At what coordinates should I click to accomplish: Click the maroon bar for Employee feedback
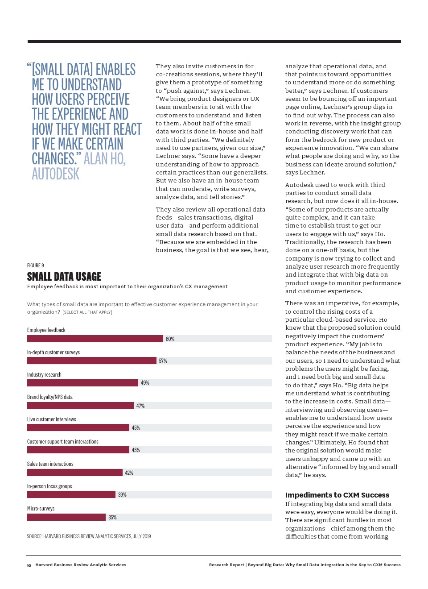95,339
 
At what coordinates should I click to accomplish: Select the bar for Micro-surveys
66,517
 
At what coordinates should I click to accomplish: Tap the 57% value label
163,361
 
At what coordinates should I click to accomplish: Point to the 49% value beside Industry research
145,383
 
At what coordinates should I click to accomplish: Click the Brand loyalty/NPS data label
49,397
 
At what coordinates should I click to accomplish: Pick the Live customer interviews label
51,419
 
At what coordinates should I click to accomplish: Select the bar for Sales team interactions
74,473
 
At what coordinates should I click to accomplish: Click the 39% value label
122,494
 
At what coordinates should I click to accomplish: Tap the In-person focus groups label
49,486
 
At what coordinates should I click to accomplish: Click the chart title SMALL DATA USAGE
64,277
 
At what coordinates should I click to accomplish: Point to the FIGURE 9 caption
35,265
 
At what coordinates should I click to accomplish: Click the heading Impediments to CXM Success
337,495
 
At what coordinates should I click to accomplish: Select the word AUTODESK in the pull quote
55,174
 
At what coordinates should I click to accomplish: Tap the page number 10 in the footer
29,565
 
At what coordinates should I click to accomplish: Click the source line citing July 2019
89,536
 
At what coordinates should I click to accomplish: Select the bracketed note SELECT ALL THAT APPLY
87,312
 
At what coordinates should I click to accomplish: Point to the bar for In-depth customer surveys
92,361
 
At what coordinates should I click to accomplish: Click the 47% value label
140,406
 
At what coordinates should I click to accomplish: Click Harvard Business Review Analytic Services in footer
81,565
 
